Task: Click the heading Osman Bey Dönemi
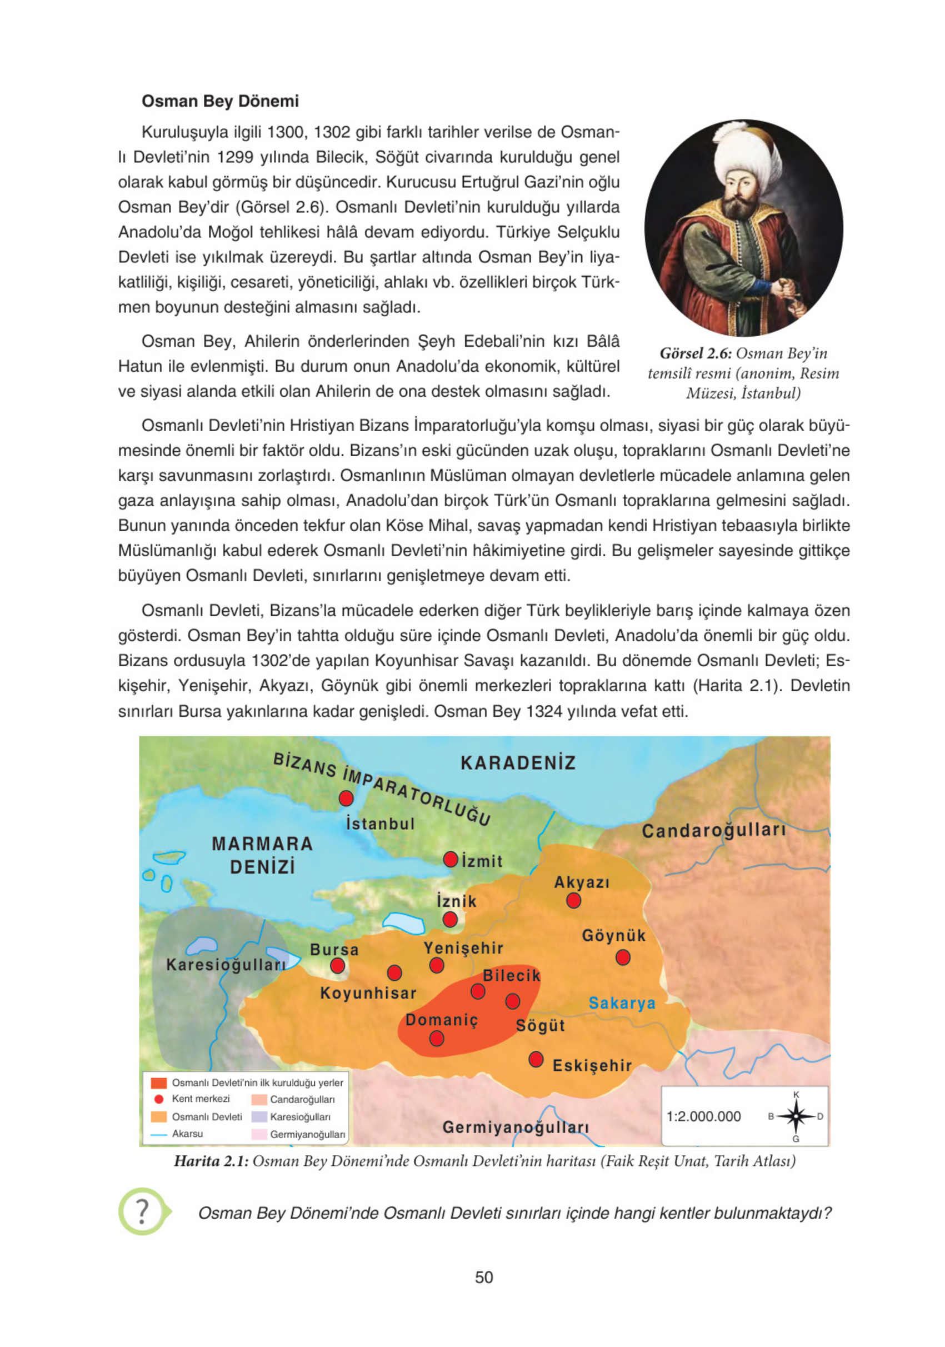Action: [220, 101]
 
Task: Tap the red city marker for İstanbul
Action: [346, 799]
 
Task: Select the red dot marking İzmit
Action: [451, 860]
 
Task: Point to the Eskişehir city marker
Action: [536, 1059]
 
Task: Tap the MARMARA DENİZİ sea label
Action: [262, 855]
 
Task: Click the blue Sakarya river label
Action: [622, 1002]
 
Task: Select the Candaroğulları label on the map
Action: [713, 831]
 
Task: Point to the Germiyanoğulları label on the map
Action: [516, 1127]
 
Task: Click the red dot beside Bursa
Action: [337, 965]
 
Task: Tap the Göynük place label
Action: [613, 936]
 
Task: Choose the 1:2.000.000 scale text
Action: [703, 1116]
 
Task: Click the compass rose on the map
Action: [796, 1116]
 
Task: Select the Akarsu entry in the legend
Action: [187, 1134]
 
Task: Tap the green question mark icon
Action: [143, 1211]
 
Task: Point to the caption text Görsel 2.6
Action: [696, 353]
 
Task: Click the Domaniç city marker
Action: [437, 1039]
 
